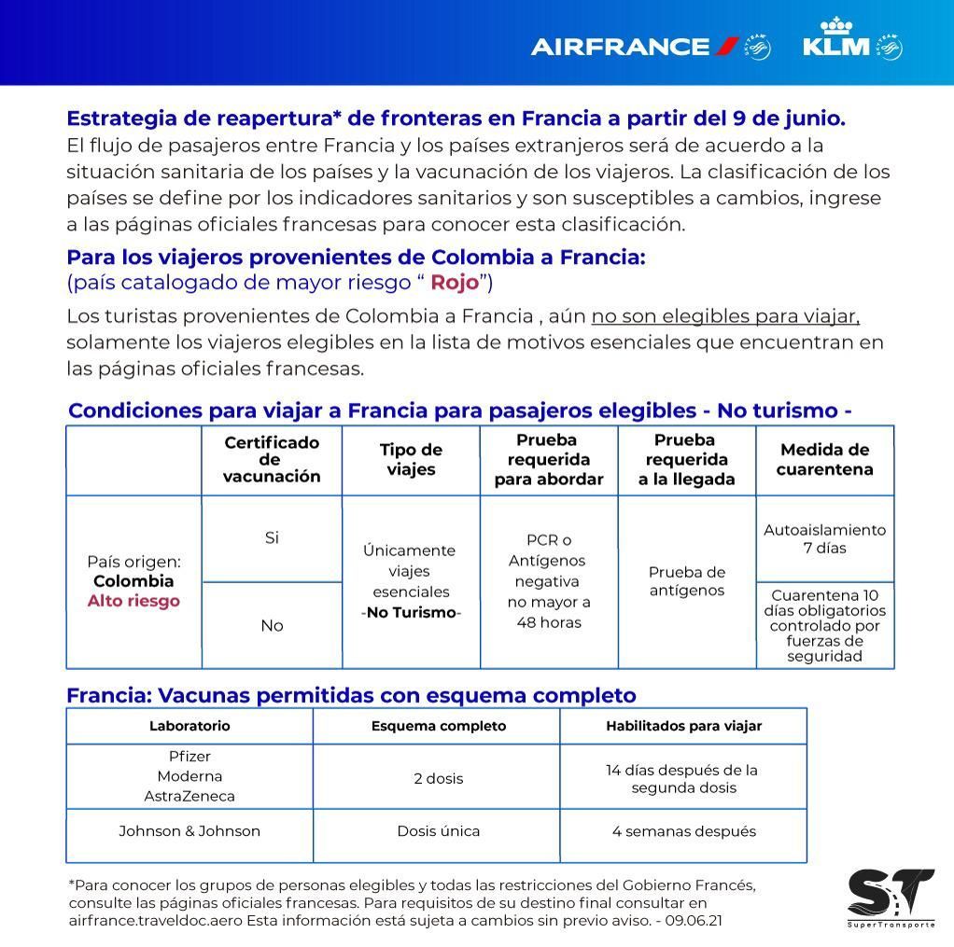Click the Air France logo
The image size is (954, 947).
[635, 46]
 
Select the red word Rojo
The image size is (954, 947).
[455, 283]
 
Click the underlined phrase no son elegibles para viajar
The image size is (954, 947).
[724, 316]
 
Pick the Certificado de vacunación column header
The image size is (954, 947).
[272, 460]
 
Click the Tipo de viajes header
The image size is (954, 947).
[411, 460]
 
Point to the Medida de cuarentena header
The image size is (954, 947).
[824, 460]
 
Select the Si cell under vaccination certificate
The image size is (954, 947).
[272, 538]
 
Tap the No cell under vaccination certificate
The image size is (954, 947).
[272, 626]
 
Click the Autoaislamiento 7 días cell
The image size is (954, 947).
[824, 538]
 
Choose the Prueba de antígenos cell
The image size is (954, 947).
[687, 581]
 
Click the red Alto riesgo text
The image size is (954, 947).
[133, 601]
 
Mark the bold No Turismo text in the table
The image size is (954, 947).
[411, 613]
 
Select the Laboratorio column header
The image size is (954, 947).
[189, 726]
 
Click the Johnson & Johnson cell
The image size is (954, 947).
[189, 831]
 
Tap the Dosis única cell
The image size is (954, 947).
[438, 831]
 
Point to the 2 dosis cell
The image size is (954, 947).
[438, 778]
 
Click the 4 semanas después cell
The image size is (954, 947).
[684, 831]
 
